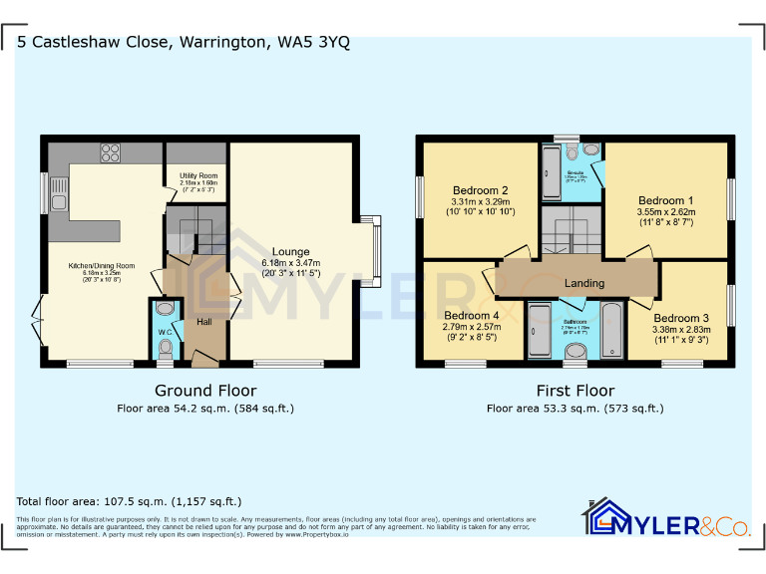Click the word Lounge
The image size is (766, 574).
coord(290,252)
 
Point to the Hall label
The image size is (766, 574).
coord(203,322)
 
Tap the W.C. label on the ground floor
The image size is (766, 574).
coord(165,332)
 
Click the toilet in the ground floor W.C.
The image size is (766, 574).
coord(166,349)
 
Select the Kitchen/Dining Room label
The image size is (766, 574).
coord(102,266)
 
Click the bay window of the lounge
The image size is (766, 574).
coord(376,247)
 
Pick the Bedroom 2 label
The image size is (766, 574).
coord(481,191)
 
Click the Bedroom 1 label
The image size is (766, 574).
coord(665,200)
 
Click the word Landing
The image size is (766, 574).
coord(584,283)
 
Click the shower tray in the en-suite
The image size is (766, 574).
coord(552,175)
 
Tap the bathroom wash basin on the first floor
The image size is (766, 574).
coord(575,350)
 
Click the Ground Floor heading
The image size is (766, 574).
coord(204,391)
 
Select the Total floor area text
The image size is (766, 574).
coord(130,501)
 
